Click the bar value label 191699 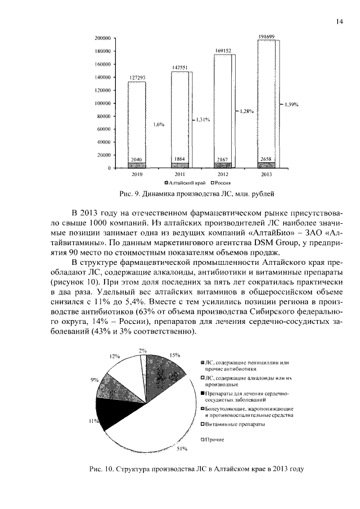coord(266,37)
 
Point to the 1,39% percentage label coord(291,104)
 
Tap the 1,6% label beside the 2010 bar coord(158,124)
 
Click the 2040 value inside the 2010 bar coord(137,160)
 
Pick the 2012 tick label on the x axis coord(223,174)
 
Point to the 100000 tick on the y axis coord(101,103)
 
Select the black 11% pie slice coord(107,413)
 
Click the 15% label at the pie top coord(175,355)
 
